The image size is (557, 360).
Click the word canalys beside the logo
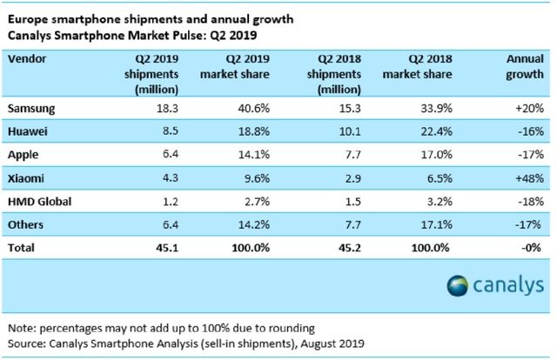click(x=510, y=287)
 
